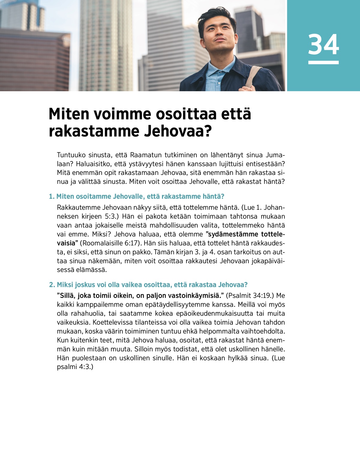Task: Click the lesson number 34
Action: (323, 44)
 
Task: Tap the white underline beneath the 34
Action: (323, 62)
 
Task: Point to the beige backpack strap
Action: (253, 77)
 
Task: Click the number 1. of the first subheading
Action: (52, 197)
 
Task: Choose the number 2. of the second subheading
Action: (52, 285)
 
